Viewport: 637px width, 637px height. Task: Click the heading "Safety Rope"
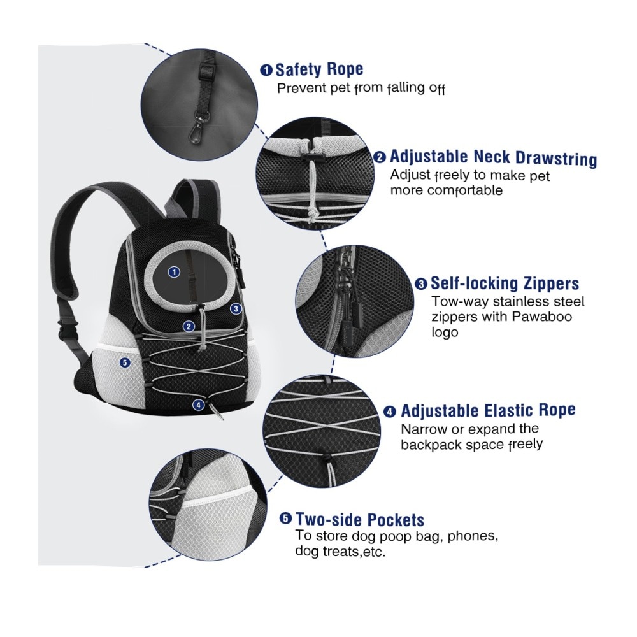coord(319,69)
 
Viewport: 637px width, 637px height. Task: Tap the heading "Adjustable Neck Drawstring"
coord(493,157)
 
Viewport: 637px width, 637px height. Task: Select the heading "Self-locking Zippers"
coord(505,283)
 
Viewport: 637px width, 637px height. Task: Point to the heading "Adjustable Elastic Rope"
coord(488,410)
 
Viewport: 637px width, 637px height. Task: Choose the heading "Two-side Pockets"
coord(360,520)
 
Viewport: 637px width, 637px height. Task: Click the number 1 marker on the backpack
coord(173,272)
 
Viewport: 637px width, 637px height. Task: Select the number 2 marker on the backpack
coord(189,326)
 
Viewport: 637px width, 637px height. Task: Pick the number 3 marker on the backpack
coord(236,308)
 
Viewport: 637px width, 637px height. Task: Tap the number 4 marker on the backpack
coord(199,404)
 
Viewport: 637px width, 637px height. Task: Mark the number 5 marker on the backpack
coord(124,362)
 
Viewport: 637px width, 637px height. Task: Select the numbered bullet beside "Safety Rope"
coord(267,70)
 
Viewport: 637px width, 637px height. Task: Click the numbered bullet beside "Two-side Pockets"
coord(286,520)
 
